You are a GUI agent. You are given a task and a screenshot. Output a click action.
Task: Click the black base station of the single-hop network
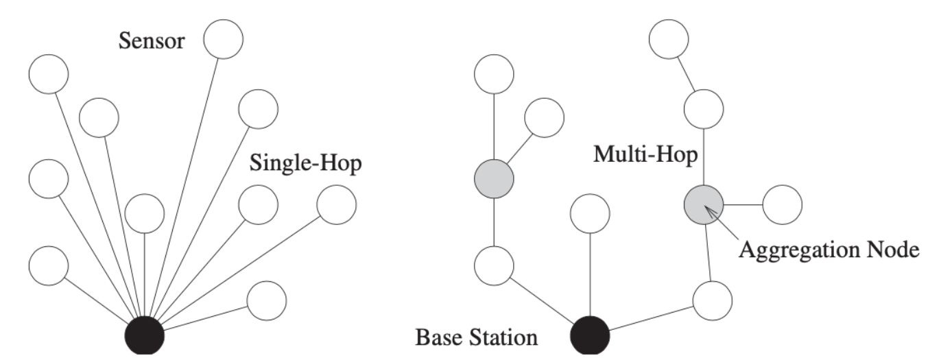pyautogui.click(x=145, y=337)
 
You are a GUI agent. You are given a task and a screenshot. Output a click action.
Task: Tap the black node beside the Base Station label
pyautogui.click(x=591, y=337)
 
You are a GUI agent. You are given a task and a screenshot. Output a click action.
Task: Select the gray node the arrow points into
pyautogui.click(x=704, y=204)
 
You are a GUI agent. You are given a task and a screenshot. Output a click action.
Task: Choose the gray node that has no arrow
pyautogui.click(x=494, y=180)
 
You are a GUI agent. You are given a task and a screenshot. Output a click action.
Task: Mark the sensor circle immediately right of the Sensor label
pyautogui.click(x=224, y=40)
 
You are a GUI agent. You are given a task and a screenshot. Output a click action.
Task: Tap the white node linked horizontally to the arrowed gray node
pyautogui.click(x=782, y=204)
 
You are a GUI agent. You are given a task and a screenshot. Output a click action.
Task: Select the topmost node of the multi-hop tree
pyautogui.click(x=669, y=40)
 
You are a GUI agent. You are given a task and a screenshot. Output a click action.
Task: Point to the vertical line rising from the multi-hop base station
pyautogui.click(x=590, y=274)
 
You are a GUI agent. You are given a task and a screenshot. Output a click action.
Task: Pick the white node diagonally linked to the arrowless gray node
pyautogui.click(x=544, y=117)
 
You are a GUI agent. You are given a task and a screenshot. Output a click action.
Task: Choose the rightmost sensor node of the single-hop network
pyautogui.click(x=337, y=204)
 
